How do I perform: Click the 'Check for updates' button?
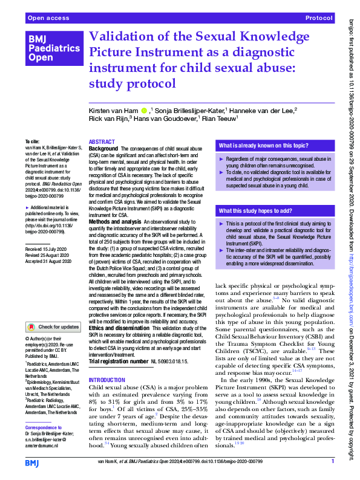coord(53,326)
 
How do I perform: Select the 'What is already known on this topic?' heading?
coord(260,146)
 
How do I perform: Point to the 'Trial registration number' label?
coord(118,361)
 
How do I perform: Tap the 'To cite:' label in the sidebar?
coord(31,141)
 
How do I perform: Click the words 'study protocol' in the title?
coord(133,83)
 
